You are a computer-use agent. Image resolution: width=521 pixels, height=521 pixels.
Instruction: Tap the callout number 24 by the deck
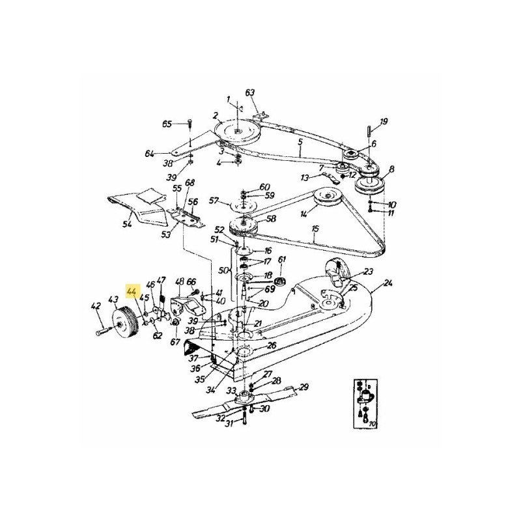(389, 283)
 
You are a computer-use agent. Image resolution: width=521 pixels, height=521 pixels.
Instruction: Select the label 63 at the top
(249, 92)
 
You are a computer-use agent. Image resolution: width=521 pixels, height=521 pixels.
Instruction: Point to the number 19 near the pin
(384, 121)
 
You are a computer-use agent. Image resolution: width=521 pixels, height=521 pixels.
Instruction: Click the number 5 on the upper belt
(300, 141)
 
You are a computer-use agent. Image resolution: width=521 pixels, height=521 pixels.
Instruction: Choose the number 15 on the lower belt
(315, 229)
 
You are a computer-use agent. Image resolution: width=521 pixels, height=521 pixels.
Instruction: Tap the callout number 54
(127, 225)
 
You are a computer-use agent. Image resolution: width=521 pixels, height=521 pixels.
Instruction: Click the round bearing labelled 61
(282, 281)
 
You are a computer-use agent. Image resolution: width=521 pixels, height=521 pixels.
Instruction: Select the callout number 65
(167, 124)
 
